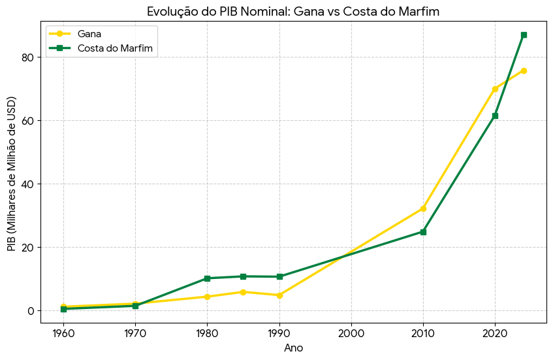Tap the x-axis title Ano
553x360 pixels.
(x=293, y=348)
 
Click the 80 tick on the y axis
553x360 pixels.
(x=27, y=57)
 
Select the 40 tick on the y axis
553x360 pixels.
(x=27, y=184)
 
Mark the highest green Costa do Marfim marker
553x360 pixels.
(x=524, y=35)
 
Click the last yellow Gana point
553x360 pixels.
(x=524, y=71)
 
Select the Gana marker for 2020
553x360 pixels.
(x=495, y=89)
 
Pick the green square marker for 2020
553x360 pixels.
(x=495, y=116)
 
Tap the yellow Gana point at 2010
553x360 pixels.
(x=423, y=208)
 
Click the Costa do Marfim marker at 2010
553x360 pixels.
(x=423, y=232)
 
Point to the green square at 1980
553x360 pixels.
(x=207, y=278)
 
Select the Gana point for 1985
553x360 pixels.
(x=243, y=292)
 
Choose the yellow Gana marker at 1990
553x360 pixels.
(x=279, y=295)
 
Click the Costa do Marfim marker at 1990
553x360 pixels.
(x=279, y=276)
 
